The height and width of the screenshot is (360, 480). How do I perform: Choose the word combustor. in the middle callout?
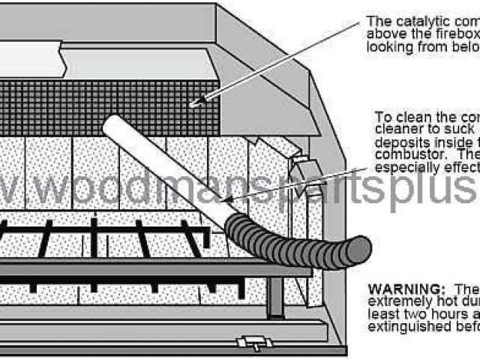[406, 154]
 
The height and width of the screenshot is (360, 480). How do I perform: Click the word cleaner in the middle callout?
[396, 129]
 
